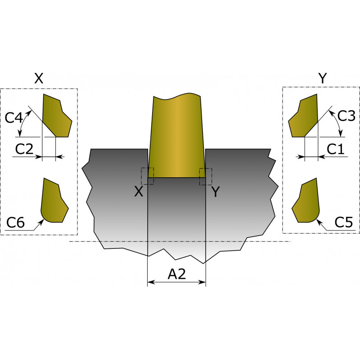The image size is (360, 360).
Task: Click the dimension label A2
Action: (x=176, y=274)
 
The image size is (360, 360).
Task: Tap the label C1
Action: (x=335, y=149)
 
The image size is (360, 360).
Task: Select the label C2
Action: (x=24, y=149)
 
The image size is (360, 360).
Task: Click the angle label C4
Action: (x=14, y=118)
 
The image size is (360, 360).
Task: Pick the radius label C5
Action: (x=343, y=222)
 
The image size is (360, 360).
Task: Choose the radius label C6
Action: (x=15, y=222)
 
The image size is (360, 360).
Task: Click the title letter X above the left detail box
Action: (x=39, y=78)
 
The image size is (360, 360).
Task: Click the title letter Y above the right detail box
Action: (x=323, y=78)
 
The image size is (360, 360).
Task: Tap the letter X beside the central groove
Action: (x=139, y=191)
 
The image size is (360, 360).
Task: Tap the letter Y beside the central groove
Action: (x=216, y=192)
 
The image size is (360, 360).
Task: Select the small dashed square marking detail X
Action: (x=148, y=176)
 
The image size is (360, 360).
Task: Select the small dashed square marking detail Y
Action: (x=206, y=176)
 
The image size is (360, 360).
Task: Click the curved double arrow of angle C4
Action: (x=22, y=122)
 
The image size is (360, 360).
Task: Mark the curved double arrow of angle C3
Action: (x=337, y=122)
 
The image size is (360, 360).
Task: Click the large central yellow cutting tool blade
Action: (x=176, y=135)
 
